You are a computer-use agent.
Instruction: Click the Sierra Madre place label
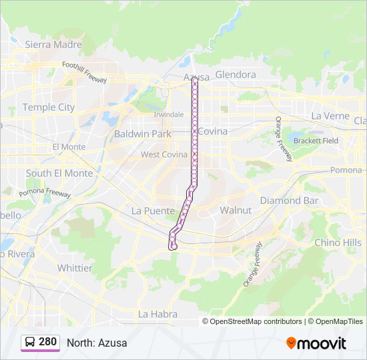click(x=53, y=45)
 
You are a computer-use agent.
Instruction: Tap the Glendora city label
click(x=236, y=75)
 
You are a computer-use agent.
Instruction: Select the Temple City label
click(x=49, y=107)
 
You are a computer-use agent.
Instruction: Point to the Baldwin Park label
click(x=142, y=133)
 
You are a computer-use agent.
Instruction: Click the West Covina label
click(x=163, y=155)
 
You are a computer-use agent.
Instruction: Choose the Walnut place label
click(x=236, y=210)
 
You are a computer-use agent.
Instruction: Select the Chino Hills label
click(x=338, y=243)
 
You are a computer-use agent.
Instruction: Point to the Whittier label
click(x=75, y=268)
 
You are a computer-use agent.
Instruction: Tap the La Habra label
click(x=157, y=313)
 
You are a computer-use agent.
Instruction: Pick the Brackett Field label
click(x=316, y=141)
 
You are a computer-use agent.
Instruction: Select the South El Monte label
click(x=59, y=173)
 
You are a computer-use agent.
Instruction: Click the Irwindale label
click(x=168, y=114)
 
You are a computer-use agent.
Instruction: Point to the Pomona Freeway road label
click(x=45, y=193)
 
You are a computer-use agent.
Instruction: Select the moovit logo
click(x=316, y=343)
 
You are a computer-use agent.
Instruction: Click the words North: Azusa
click(x=97, y=343)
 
